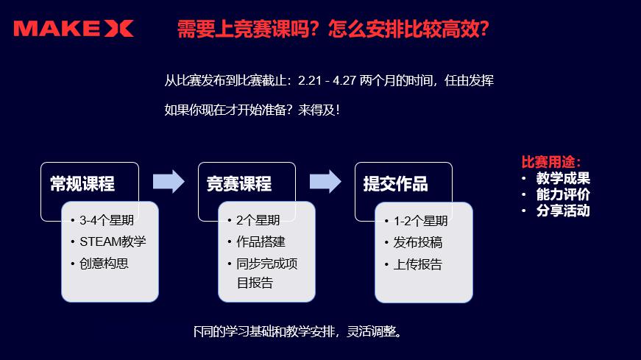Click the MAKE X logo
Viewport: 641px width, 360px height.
pos(74,29)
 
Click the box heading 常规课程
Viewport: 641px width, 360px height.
pos(82,184)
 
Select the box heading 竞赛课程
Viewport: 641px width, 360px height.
pos(239,184)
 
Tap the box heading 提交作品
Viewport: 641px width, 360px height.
pos(396,184)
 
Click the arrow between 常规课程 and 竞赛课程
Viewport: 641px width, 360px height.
pos(169,181)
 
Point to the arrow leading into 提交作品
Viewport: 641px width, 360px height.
pos(325,181)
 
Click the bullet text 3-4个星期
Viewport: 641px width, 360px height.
pos(107,221)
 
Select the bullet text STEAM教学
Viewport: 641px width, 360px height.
pos(113,241)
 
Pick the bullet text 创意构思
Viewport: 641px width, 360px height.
pos(104,264)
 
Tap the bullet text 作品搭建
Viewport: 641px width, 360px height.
pos(261,241)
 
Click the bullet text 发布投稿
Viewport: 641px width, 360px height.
pos(418,243)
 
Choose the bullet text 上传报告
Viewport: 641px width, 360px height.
pos(418,264)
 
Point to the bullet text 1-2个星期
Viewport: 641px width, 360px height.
pos(421,222)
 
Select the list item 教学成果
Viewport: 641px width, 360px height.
pos(563,178)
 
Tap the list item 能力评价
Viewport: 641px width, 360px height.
pos(563,195)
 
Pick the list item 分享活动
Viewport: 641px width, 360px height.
pos(563,211)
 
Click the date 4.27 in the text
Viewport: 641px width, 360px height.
pos(344,80)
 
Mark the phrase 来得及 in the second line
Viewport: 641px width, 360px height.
pos(316,110)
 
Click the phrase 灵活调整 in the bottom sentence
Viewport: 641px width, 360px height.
pos(371,331)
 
